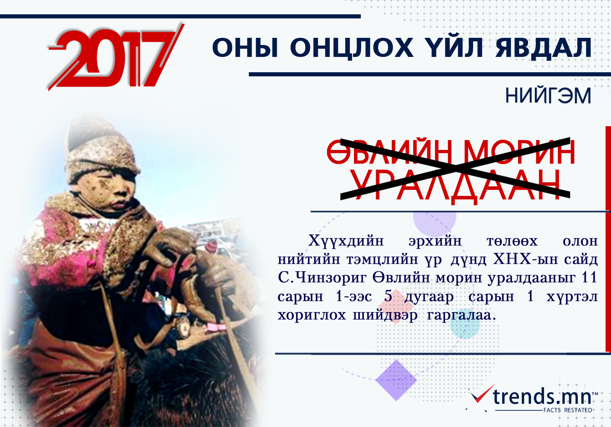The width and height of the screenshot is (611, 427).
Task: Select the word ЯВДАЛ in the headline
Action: pyautogui.click(x=544, y=48)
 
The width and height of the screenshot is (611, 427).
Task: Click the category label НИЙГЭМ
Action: pyautogui.click(x=548, y=95)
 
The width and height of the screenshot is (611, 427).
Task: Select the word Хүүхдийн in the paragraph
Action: pyautogui.click(x=346, y=241)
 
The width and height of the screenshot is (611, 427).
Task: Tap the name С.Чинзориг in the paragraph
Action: pyautogui.click(x=322, y=278)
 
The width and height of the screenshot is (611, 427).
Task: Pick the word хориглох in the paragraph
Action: pyautogui.click(x=311, y=315)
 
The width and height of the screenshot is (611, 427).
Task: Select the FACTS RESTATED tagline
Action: pyautogui.click(x=568, y=410)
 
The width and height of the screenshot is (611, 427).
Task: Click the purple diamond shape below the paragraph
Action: pyautogui.click(x=396, y=380)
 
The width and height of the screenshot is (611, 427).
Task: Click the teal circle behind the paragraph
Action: pyautogui.click(x=465, y=324)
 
